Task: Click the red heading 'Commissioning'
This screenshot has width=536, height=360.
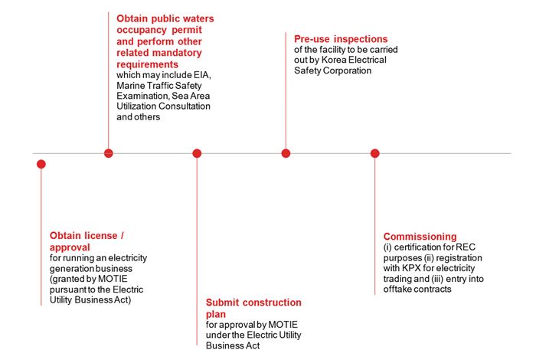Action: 420,237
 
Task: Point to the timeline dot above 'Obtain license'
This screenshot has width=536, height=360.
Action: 41,164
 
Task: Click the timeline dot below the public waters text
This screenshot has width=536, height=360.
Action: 108,153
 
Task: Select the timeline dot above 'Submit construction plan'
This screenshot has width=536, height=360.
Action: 197,153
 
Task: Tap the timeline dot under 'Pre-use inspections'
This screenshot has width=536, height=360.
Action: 286,153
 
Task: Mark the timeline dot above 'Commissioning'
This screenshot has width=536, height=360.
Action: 374,153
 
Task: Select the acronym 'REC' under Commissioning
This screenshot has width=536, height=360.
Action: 465,247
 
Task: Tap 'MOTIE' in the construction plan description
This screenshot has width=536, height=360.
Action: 276,325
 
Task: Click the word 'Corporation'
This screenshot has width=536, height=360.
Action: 347,70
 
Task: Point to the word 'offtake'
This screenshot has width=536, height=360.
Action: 397,290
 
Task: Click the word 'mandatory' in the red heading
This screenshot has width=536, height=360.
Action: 176,54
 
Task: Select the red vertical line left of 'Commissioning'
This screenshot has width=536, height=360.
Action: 374,230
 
